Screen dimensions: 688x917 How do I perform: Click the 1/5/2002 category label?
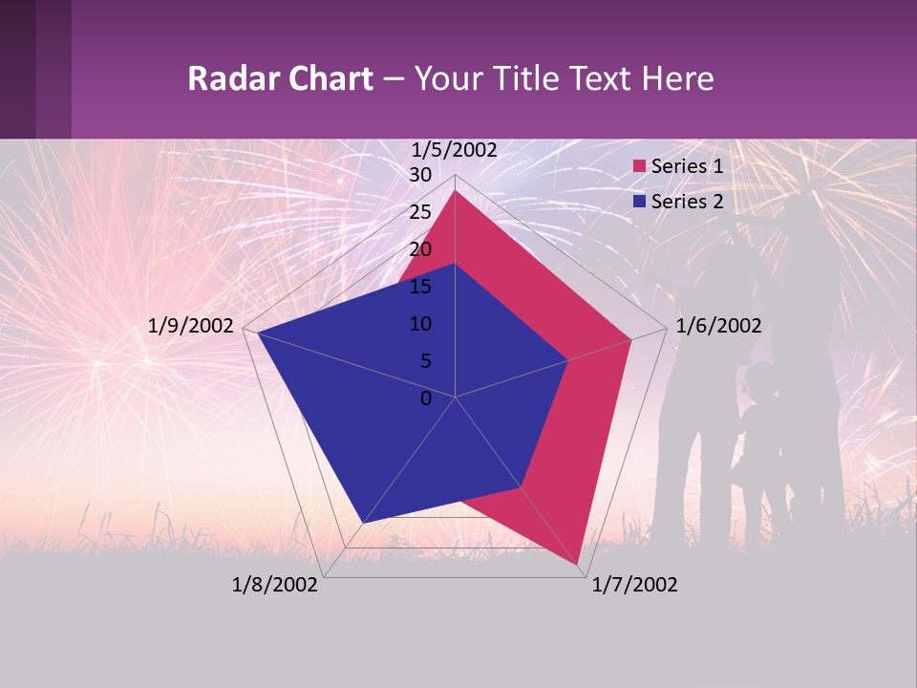455,149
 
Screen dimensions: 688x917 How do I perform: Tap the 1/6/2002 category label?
718,326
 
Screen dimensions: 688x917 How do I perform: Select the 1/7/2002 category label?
634,585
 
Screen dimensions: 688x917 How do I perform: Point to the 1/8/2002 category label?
275,585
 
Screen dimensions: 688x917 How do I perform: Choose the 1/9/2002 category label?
191,326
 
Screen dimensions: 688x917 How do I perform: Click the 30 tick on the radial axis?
420,175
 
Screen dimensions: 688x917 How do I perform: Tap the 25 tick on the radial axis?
420,212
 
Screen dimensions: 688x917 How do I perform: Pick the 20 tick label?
420,249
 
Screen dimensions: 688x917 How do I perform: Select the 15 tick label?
420,287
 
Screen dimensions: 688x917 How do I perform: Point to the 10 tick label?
420,324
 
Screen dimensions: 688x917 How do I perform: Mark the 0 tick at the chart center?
426,398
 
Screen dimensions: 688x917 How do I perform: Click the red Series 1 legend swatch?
640,166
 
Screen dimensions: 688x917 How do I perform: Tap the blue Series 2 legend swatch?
640,202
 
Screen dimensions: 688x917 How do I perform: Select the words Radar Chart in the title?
280,78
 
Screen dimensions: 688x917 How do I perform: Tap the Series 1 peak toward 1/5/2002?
456,191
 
